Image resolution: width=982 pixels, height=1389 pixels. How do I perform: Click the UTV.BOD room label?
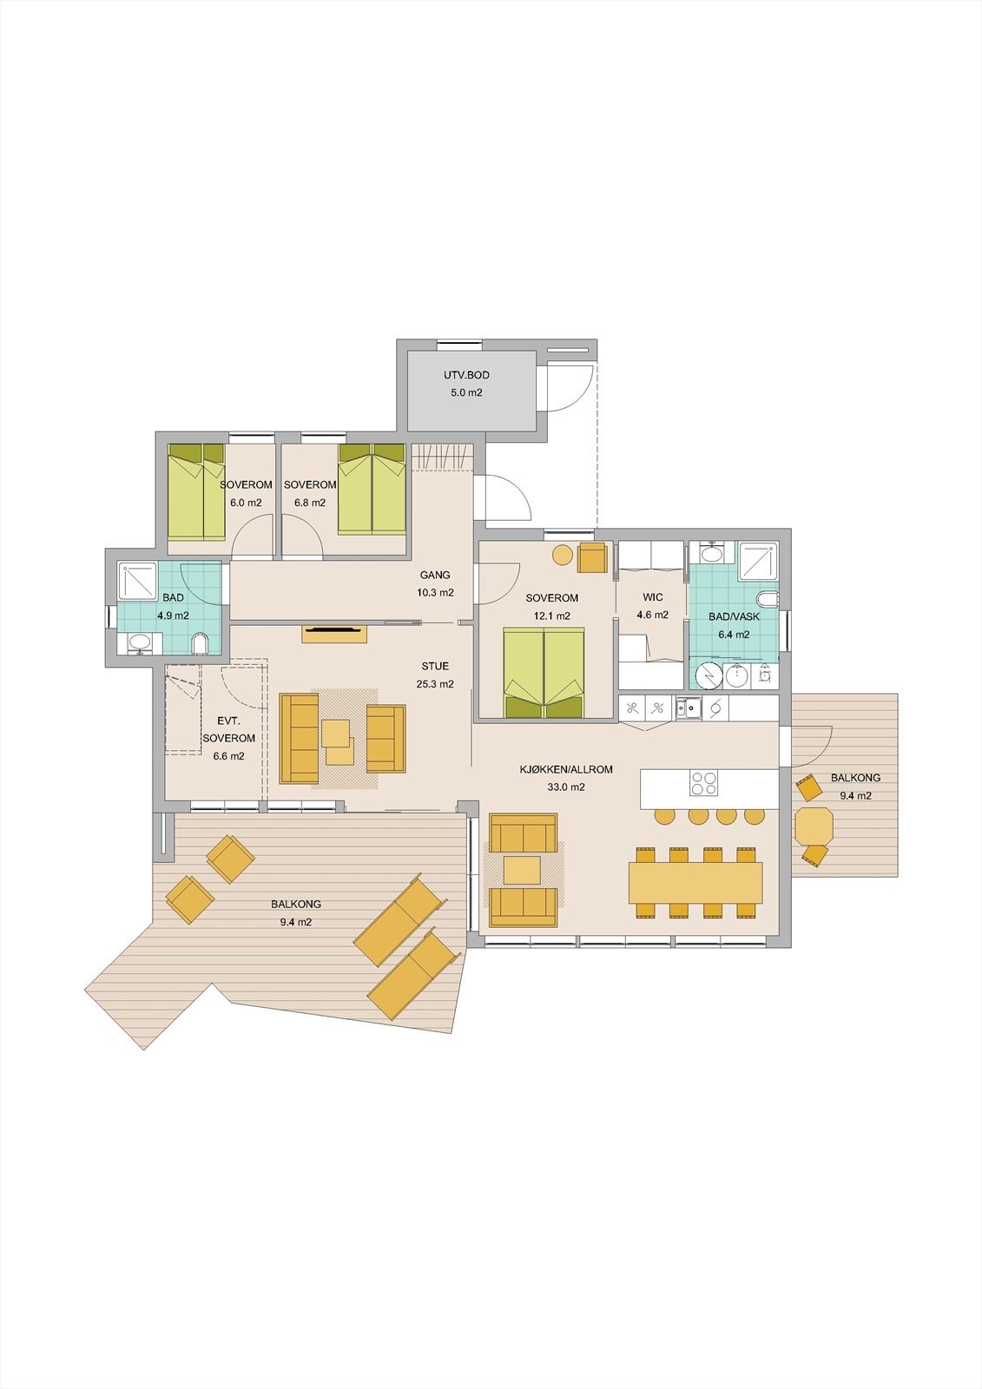pos(466,375)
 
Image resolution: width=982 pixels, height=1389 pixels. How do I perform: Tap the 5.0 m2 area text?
pos(466,392)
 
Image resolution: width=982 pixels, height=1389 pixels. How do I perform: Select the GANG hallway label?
pos(435,575)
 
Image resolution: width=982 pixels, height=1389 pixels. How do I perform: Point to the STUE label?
pos(435,666)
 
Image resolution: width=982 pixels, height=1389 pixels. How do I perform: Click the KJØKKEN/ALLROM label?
pos(566,769)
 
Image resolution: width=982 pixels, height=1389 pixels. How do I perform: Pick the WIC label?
pos(653,597)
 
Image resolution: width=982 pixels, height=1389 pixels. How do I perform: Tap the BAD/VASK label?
pos(734,617)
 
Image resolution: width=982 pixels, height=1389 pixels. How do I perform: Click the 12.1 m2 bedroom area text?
pos(551,616)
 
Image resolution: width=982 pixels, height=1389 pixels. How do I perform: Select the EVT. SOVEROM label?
pos(228,730)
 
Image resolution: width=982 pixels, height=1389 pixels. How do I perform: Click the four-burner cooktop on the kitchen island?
pos(703,782)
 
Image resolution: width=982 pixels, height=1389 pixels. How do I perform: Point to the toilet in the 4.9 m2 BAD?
pos(200,643)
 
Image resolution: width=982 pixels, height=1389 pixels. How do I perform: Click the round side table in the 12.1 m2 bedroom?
pos(563,555)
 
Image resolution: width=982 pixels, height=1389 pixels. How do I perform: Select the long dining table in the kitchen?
pos(695,882)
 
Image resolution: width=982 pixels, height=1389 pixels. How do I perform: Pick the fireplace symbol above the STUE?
pos(335,633)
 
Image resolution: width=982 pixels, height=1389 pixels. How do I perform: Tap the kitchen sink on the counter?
pos(689,708)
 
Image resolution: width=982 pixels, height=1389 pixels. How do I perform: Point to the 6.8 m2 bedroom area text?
pos(310,503)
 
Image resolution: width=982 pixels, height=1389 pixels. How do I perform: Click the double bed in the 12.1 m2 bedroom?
pos(544,673)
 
